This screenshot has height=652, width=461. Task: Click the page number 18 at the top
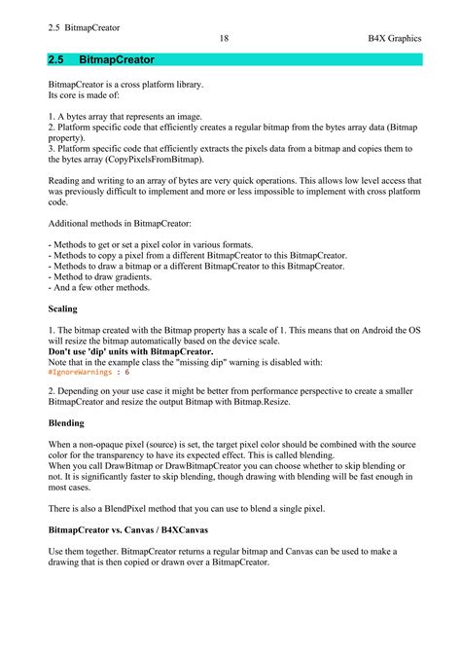point(224,38)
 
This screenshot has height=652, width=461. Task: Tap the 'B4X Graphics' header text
point(394,38)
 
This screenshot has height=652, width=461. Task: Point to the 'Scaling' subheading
point(63,308)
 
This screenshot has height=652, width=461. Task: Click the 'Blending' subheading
point(67,423)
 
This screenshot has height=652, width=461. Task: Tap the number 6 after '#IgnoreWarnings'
point(126,372)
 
